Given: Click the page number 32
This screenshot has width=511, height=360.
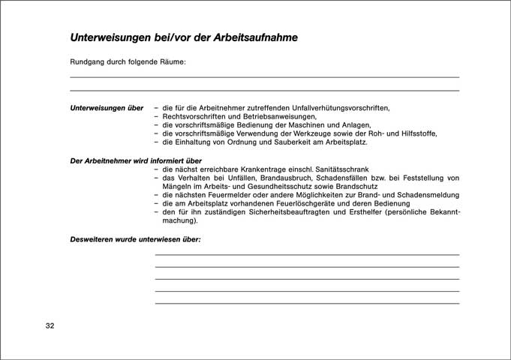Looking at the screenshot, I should pos(50,326).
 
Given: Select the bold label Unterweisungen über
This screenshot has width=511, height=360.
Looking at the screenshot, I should pos(107,107).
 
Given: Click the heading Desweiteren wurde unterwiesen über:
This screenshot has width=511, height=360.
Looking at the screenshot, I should pos(136,240).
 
